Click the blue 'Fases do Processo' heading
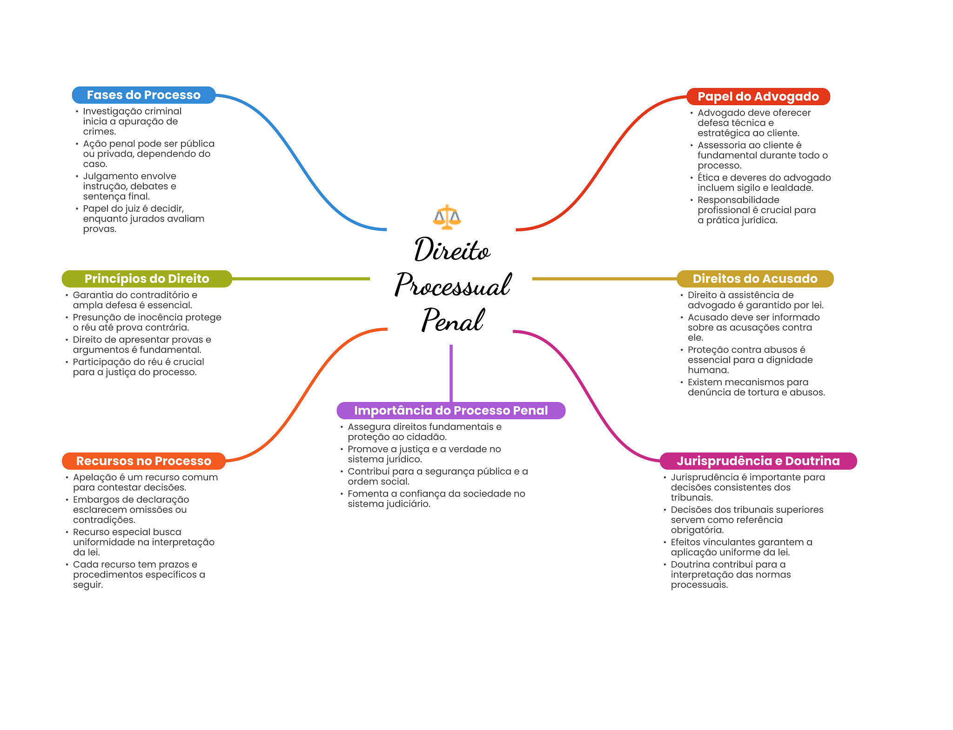tap(143, 95)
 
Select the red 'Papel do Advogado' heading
tap(758, 97)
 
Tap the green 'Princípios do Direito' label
tap(147, 279)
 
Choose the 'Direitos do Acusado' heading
tap(755, 279)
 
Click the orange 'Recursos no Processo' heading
tap(143, 461)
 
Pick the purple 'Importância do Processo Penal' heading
tap(450, 410)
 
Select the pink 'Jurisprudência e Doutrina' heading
tap(758, 461)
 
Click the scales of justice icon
tap(447, 217)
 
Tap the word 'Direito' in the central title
tap(452, 250)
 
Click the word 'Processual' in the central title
tap(453, 285)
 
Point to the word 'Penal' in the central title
tap(453, 320)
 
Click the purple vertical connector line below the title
tap(451, 372)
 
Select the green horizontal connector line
tap(301, 279)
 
